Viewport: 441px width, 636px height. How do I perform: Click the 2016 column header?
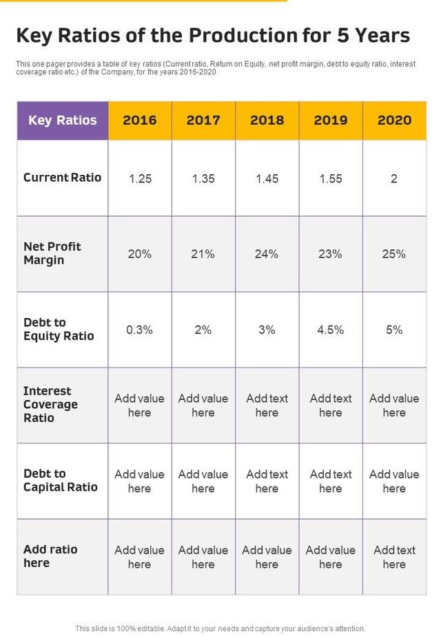coord(139,120)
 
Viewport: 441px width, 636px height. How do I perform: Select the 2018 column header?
coord(267,120)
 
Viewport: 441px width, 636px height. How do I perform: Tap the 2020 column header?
coord(394,120)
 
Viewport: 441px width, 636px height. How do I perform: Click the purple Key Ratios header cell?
coord(63,120)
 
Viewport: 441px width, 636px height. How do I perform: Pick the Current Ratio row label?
coord(62,178)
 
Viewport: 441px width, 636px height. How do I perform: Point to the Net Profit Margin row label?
coord(52,253)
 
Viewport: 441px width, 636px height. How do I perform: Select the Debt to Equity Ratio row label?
coord(59,329)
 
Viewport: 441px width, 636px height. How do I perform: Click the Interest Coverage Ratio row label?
coord(50,405)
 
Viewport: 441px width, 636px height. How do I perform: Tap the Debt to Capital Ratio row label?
coord(61,480)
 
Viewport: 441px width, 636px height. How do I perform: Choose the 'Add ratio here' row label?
coord(50,556)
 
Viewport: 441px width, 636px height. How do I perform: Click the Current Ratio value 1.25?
coord(139,179)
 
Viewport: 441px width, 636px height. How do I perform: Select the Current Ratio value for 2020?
coord(394,179)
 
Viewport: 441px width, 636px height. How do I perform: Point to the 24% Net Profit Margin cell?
coord(267,254)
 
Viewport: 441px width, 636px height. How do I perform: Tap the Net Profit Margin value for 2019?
coord(330,254)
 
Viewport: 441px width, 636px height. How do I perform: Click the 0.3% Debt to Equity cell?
coord(139,330)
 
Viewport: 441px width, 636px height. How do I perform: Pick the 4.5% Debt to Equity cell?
coord(330,330)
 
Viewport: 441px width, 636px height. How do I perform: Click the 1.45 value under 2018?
coord(267,179)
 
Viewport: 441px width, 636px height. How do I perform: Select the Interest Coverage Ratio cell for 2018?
coord(267,405)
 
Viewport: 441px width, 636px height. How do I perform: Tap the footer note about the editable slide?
coord(220,628)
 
